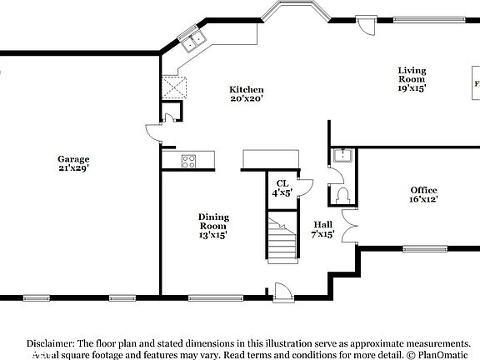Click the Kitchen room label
[247, 94]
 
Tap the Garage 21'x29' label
[73, 163]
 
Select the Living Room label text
[412, 79]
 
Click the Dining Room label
[213, 226]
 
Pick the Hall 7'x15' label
[323, 229]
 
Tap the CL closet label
[282, 188]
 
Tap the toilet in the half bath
[342, 195]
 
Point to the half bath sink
[342, 156]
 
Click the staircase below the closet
[282, 237]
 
